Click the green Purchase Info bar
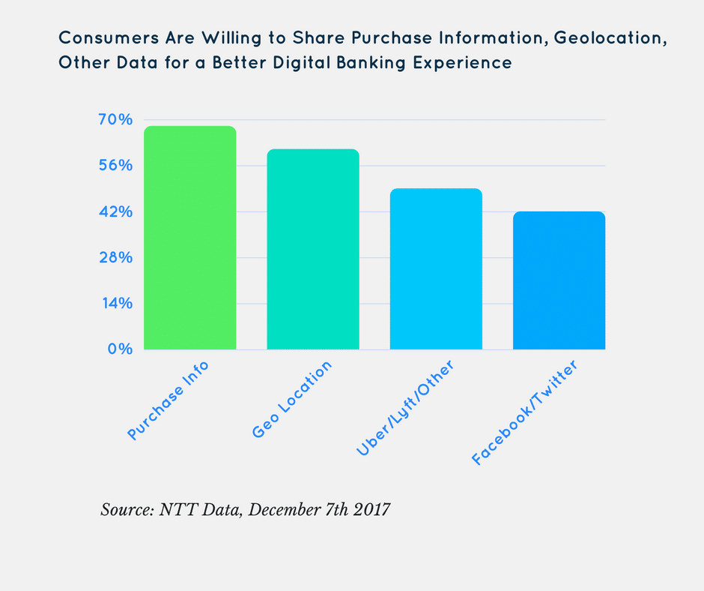pos(190,238)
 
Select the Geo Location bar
pos(313,249)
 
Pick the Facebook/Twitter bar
pos(559,280)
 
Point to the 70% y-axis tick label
pos(115,119)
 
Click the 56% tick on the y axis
pos(115,165)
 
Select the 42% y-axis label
pos(115,211)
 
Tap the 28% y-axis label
pos(115,257)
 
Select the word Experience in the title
pos(464,62)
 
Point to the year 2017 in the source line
pos(371,510)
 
